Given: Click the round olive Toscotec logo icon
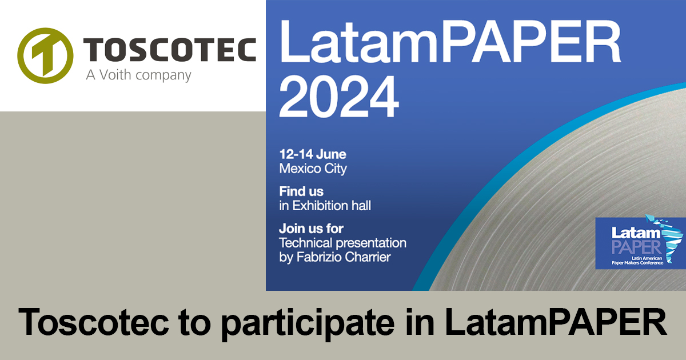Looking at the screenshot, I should point(45,55).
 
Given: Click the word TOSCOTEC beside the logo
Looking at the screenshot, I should point(170,50).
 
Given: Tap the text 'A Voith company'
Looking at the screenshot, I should point(138,75).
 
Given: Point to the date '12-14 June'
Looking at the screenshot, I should point(312,154).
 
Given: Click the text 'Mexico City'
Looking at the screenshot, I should point(313,169).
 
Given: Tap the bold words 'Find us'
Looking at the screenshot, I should point(301,191).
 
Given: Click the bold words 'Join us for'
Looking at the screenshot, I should point(311,228).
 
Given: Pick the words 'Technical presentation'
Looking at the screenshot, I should point(342,242).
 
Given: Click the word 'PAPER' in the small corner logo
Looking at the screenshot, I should point(628,247).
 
